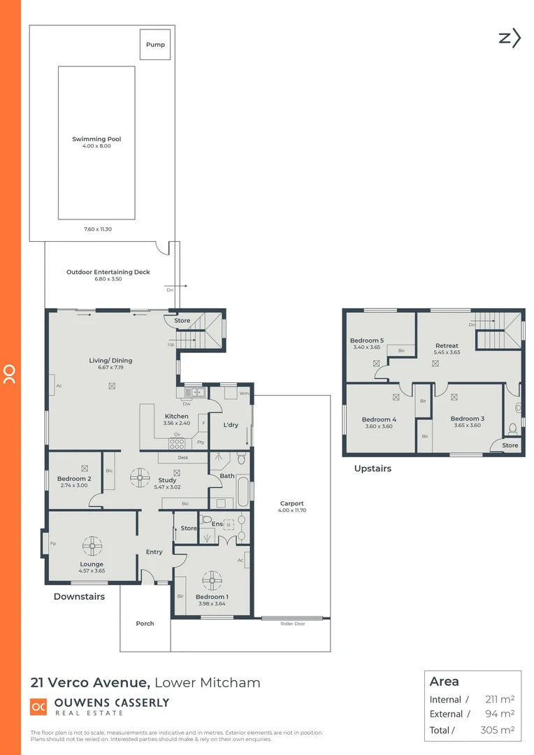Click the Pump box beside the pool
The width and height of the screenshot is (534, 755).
click(x=155, y=45)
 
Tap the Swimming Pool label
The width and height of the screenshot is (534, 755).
click(x=96, y=139)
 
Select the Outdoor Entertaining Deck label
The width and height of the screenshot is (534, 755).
click(x=108, y=272)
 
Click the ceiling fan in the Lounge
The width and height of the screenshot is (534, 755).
click(x=92, y=545)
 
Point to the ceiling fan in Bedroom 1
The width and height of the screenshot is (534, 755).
click(x=211, y=580)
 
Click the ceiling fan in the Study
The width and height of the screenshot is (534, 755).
click(x=140, y=478)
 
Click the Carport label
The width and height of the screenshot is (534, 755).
click(x=291, y=503)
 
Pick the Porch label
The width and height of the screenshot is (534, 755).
click(x=145, y=624)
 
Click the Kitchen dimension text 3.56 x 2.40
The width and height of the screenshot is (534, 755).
click(x=176, y=423)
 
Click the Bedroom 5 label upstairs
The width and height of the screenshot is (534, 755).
click(x=366, y=340)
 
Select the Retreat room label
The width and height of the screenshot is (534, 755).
click(x=447, y=345)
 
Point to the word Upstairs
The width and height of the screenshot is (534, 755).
click(x=373, y=468)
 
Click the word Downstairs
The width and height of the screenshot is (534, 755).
click(x=79, y=596)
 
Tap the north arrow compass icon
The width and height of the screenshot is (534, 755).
click(x=510, y=38)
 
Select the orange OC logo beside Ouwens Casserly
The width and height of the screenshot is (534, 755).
click(x=38, y=707)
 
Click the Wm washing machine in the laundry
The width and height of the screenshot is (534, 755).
click(x=243, y=394)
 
